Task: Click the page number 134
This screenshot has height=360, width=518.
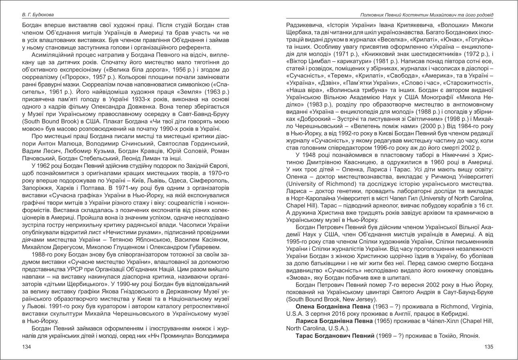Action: [x=27, y=347]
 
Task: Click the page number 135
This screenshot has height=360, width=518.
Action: [x=489, y=347]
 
